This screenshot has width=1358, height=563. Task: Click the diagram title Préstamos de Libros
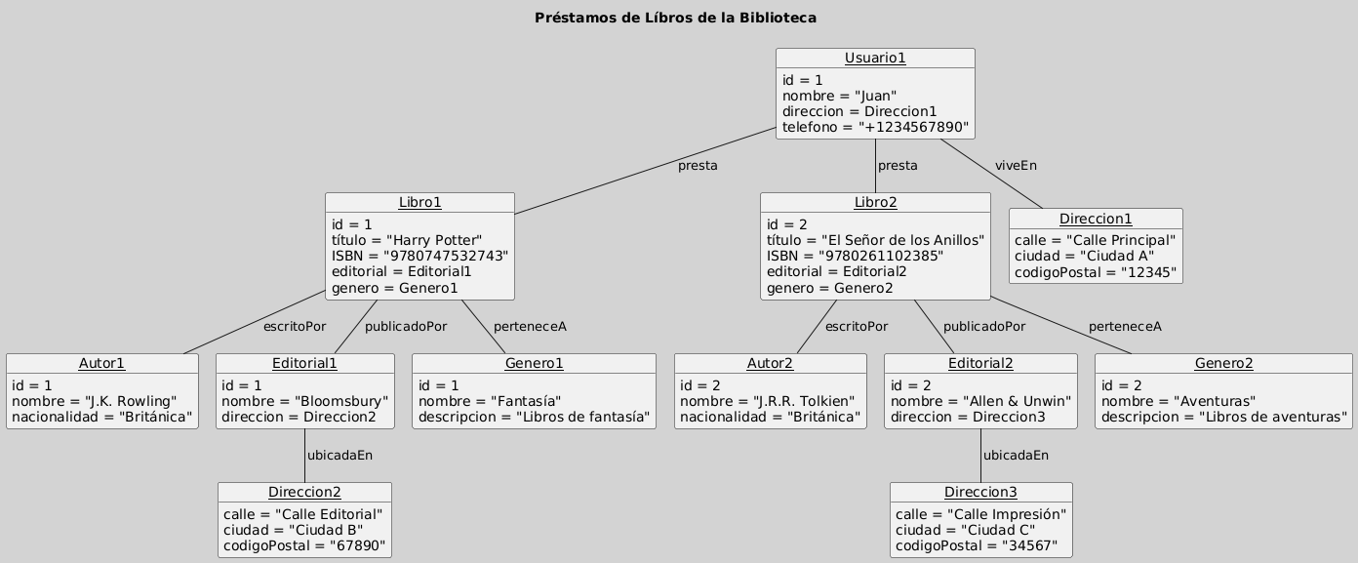pyautogui.click(x=675, y=18)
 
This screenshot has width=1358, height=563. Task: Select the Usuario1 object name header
pyautogui.click(x=875, y=58)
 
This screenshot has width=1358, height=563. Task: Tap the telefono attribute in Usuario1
pyautogui.click(x=875, y=127)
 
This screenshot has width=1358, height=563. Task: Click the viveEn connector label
pyautogui.click(x=1016, y=166)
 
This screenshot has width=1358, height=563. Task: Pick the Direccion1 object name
pyautogui.click(x=1095, y=219)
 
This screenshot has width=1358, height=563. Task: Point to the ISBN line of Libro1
pyautogui.click(x=419, y=256)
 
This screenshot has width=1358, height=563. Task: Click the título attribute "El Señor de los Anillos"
pyautogui.click(x=874, y=240)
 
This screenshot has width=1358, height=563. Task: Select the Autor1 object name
pyautogui.click(x=101, y=363)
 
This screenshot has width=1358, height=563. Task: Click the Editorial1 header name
pyautogui.click(x=304, y=363)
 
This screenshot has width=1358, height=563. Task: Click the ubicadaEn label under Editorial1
pyautogui.click(x=339, y=455)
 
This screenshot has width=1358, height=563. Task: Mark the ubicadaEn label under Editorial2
pyautogui.click(x=1016, y=455)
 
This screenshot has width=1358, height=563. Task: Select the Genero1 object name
pyautogui.click(x=534, y=363)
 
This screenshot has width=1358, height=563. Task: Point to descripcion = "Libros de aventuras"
pyautogui.click(x=1223, y=419)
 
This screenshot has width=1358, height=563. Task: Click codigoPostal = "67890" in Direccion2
pyautogui.click(x=304, y=545)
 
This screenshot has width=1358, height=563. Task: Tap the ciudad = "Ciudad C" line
pyautogui.click(x=965, y=530)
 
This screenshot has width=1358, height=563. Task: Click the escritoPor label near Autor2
pyautogui.click(x=857, y=326)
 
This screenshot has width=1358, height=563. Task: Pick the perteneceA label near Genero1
pyautogui.click(x=530, y=326)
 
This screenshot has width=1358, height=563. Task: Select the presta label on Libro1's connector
pyautogui.click(x=698, y=166)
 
